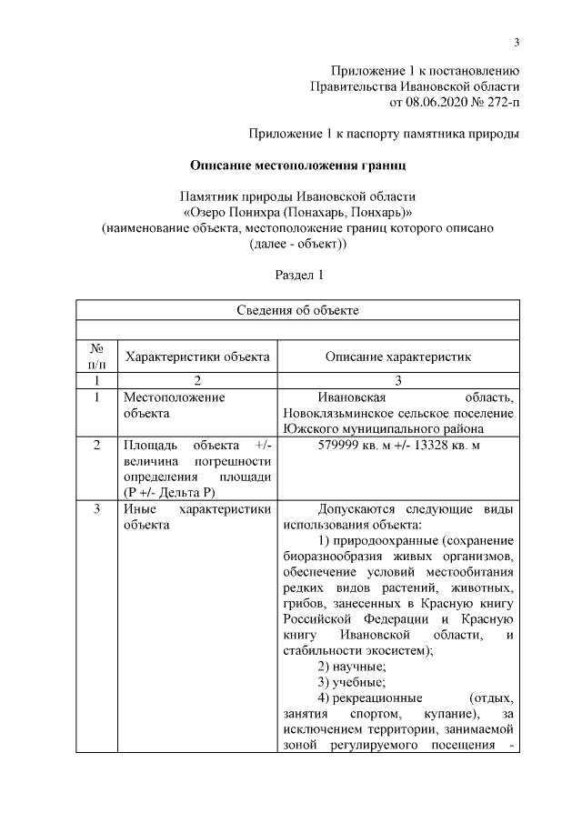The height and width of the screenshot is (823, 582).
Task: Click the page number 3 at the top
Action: coord(516,42)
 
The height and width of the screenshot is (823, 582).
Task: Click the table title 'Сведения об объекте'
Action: coord(297,310)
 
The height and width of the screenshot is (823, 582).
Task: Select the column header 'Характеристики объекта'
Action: coord(197,357)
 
